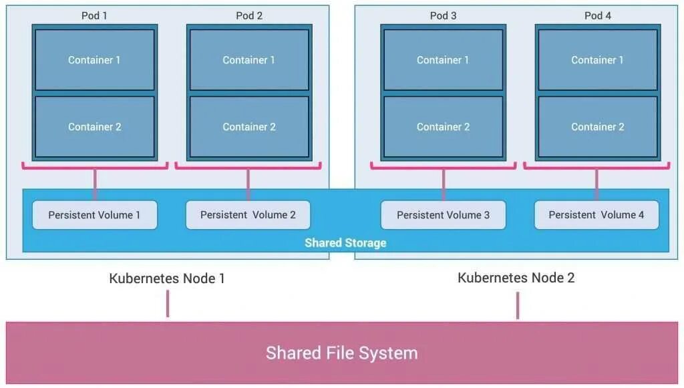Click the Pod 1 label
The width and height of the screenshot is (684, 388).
point(94,15)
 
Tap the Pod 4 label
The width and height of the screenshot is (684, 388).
point(597,15)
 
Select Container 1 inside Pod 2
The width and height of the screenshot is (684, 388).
point(248,60)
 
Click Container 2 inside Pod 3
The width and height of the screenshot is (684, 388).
point(443,127)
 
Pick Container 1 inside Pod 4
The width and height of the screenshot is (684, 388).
point(597,60)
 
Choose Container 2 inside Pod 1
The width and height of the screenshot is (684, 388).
point(94,127)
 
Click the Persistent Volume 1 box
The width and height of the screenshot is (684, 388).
point(95,215)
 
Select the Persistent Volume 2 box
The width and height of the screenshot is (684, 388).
point(248,215)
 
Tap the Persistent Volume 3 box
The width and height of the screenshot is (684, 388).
point(443,215)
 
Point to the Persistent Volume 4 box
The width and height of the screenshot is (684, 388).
point(596,215)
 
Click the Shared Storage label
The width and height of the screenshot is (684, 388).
point(345,243)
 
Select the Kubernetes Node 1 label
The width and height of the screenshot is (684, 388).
point(167,278)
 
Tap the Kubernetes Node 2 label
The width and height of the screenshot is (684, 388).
point(516,278)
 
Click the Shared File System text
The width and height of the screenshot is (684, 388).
point(341,353)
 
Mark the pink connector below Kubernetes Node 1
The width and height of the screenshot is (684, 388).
point(168,304)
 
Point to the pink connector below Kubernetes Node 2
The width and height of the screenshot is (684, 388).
point(517,305)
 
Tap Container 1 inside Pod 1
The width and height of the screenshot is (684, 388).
point(94,60)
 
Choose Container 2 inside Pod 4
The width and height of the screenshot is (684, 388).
point(597,127)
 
